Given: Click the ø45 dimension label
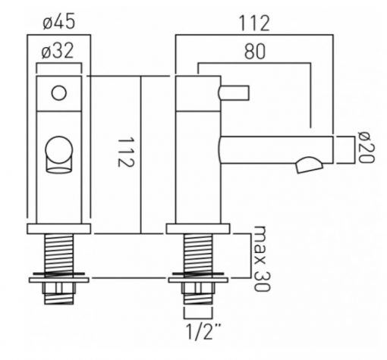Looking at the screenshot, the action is (59, 21).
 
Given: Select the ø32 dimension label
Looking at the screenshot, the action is (58, 51).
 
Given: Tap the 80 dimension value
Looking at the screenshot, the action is (255, 52).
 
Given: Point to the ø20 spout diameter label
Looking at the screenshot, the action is (366, 147).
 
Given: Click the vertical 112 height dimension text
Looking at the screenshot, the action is (125, 152).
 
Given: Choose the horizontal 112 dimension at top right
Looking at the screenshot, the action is (254, 23).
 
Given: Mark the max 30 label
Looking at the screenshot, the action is (262, 258).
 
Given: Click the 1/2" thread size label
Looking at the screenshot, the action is (203, 331).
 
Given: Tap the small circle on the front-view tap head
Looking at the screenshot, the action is (59, 92).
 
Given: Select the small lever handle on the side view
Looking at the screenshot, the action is (234, 92).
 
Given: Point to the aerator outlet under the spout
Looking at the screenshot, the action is (309, 165).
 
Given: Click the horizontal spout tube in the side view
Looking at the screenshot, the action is (276, 150).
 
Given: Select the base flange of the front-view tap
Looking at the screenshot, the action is (59, 229).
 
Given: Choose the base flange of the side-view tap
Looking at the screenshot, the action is (198, 229).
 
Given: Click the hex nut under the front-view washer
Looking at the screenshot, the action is (59, 288).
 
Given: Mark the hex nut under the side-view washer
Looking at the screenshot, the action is (198, 288).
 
